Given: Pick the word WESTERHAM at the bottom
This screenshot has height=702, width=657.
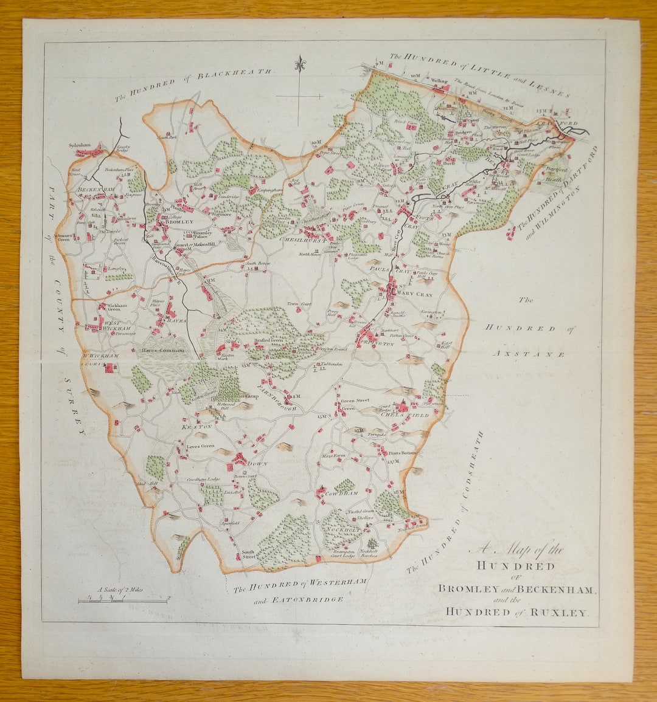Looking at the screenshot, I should coord(340,582).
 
